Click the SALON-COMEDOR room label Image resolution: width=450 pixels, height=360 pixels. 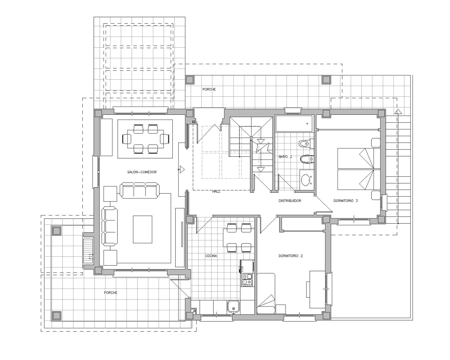(142, 172)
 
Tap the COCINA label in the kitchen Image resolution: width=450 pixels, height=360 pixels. (211, 256)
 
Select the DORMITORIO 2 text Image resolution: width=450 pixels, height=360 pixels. (290, 256)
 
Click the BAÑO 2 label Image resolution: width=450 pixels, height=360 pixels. (285, 157)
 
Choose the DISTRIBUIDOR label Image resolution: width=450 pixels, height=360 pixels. (290, 201)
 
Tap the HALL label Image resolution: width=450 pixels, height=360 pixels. (216, 192)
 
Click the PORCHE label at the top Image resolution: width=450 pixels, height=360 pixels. (209, 90)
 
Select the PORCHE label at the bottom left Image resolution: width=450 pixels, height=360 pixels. (111, 293)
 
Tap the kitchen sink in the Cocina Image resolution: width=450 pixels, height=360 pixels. (233, 307)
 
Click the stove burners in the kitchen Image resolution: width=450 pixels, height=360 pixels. (247, 279)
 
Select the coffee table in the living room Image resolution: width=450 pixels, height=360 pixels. (142, 229)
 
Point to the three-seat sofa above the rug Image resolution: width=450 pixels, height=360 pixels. (140, 190)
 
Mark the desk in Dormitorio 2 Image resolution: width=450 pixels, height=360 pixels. (317, 289)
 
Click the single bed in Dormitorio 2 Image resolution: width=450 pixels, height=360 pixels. (266, 293)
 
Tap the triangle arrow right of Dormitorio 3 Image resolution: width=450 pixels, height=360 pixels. (398, 112)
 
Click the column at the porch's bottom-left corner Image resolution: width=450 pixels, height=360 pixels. (56, 315)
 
